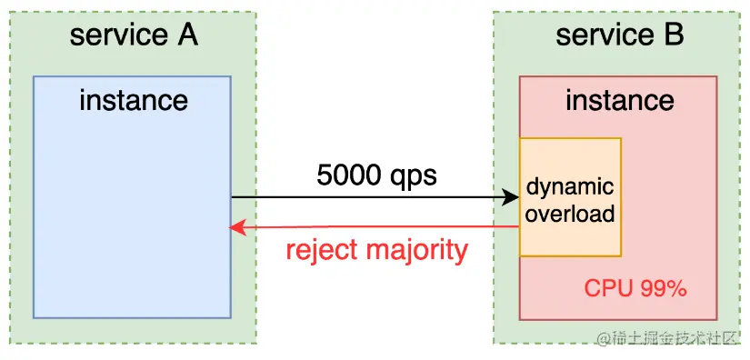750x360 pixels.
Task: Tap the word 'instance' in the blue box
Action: [x=134, y=99]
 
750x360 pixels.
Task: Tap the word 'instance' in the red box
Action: [x=619, y=99]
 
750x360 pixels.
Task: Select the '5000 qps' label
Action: [x=376, y=175]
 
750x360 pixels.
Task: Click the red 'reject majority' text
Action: [x=376, y=250]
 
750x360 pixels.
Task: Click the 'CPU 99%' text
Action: [x=635, y=289]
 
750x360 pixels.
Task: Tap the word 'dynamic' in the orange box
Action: [x=571, y=188]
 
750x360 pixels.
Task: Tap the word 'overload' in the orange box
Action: [x=571, y=215]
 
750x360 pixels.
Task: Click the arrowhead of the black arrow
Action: [x=512, y=197]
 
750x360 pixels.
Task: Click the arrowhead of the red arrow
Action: [x=237, y=227]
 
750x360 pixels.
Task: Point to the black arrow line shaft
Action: [x=364, y=197]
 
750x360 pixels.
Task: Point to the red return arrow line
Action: [x=382, y=227]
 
